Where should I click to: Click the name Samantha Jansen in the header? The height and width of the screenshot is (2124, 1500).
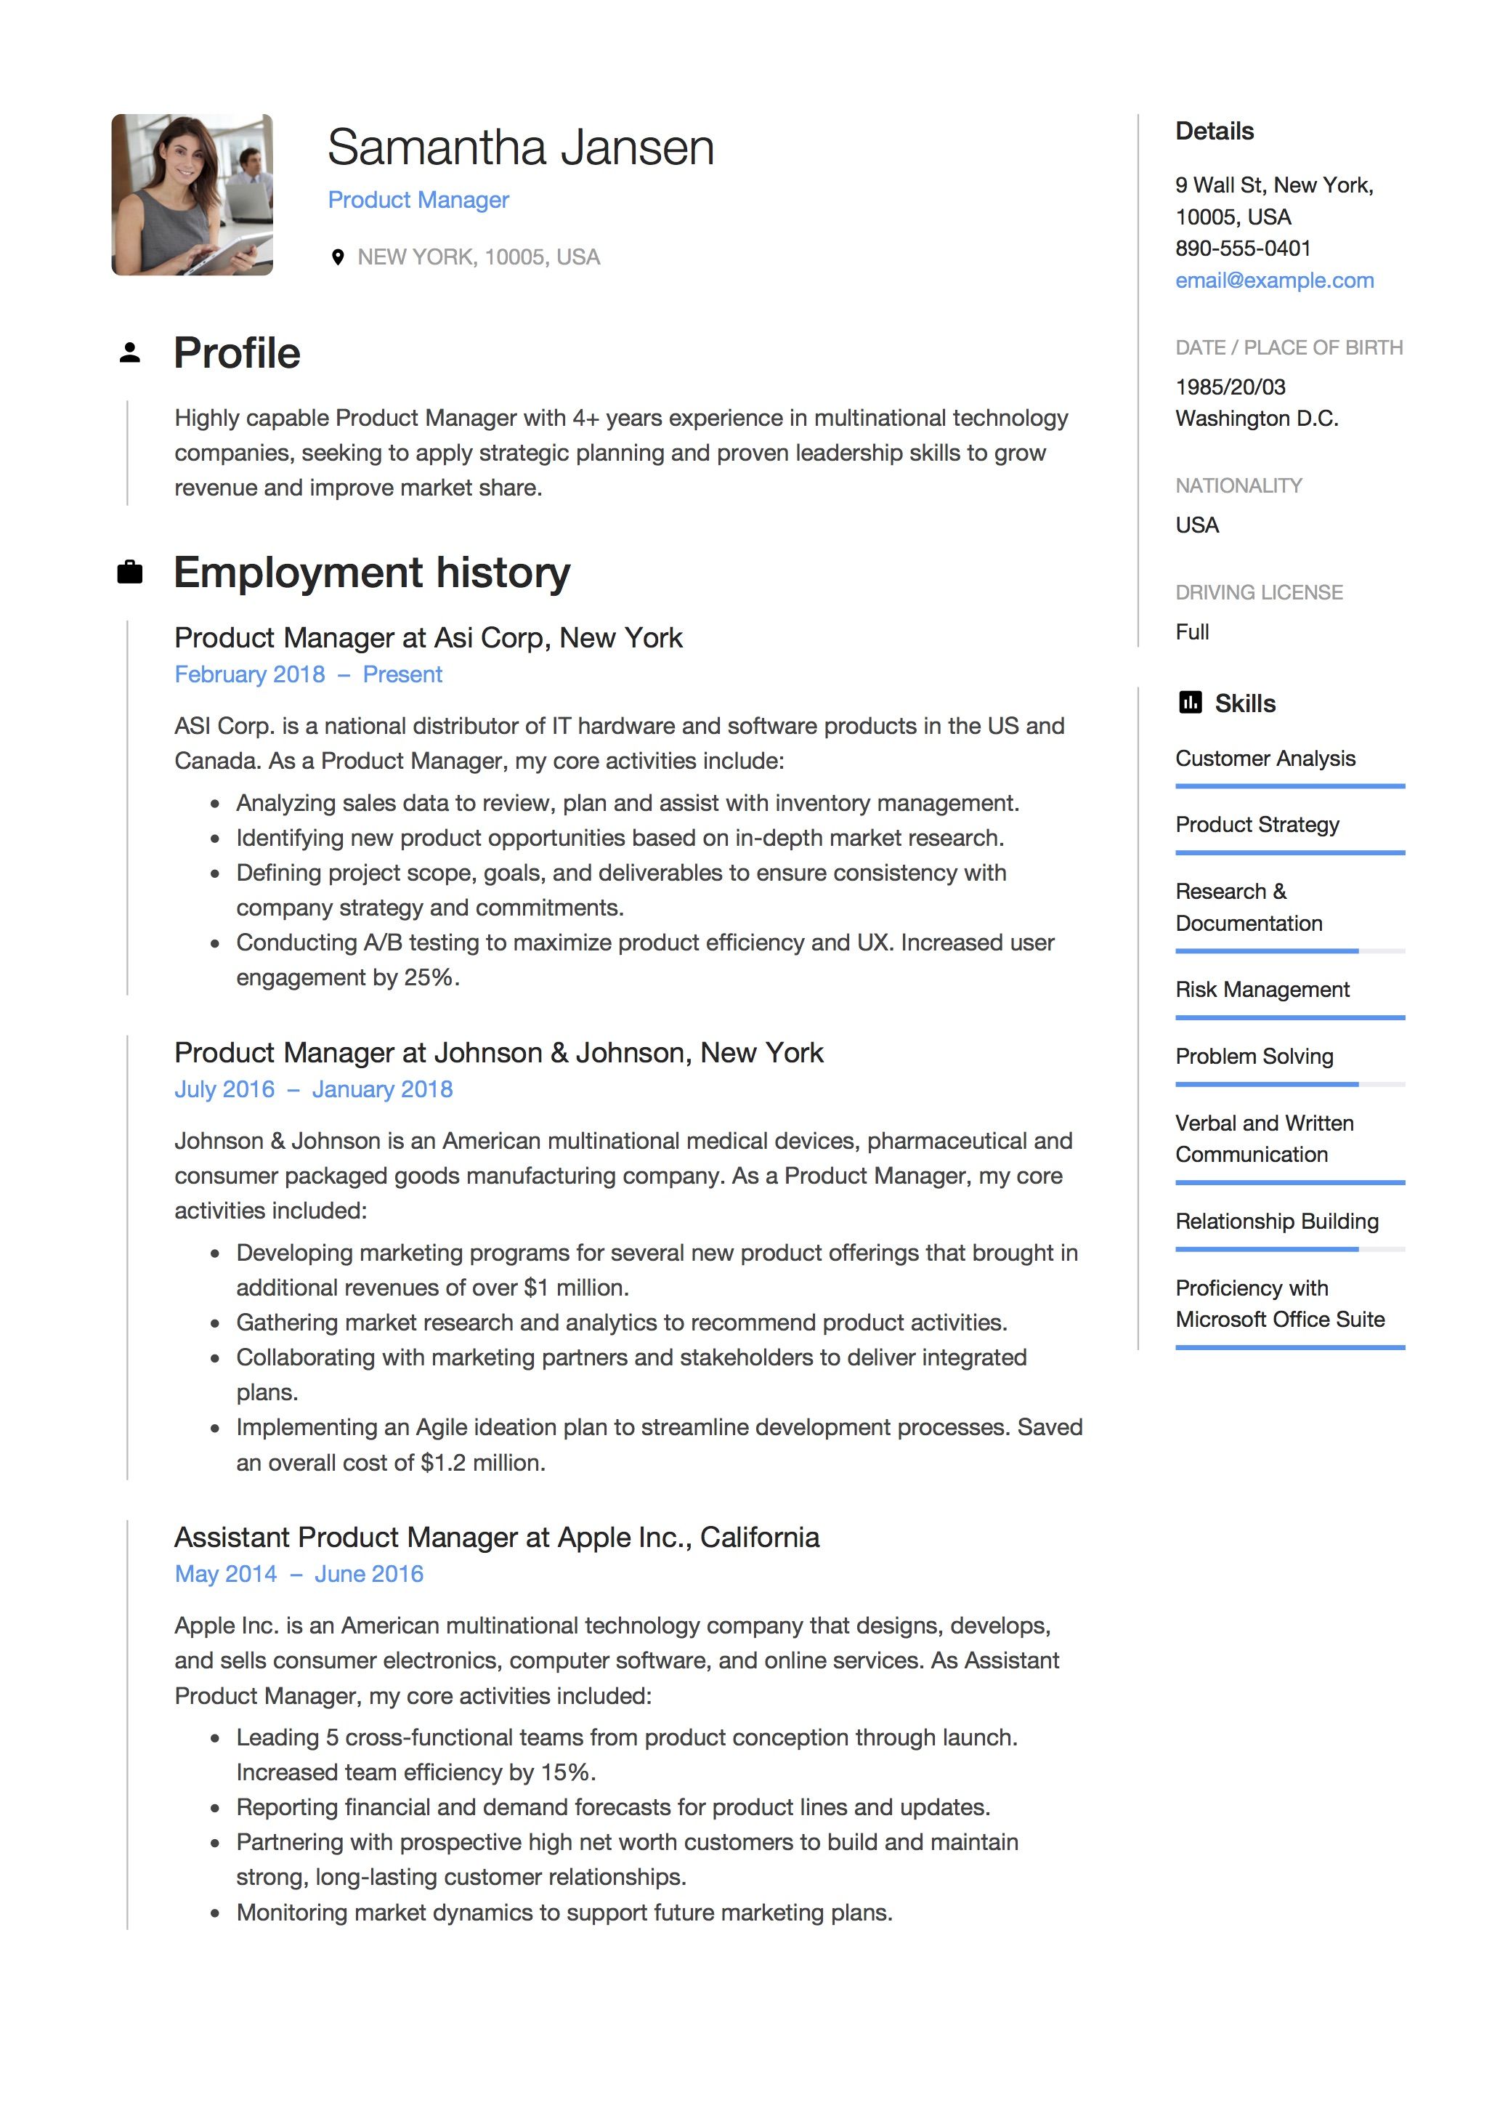(x=521, y=148)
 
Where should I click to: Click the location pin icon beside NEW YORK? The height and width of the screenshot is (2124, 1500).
(x=338, y=257)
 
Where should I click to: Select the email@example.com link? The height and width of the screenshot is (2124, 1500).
(x=1273, y=280)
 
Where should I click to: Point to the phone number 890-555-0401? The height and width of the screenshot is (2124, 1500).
(x=1242, y=248)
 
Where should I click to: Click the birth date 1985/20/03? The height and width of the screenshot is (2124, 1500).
(x=1230, y=387)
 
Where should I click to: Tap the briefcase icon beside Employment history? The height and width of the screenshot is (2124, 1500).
(x=131, y=573)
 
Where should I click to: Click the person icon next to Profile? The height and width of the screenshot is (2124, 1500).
(x=131, y=353)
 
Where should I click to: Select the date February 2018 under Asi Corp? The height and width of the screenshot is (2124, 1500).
(x=250, y=674)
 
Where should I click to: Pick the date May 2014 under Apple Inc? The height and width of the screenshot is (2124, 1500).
(x=226, y=1574)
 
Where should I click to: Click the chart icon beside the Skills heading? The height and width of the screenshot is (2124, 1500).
(x=1191, y=703)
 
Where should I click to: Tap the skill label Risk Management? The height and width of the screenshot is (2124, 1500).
(x=1262, y=990)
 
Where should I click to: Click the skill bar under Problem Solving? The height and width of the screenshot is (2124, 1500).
(x=1289, y=1083)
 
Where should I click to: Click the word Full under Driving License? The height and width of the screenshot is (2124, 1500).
(x=1192, y=632)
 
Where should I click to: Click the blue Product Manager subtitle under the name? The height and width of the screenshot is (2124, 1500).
(x=418, y=200)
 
